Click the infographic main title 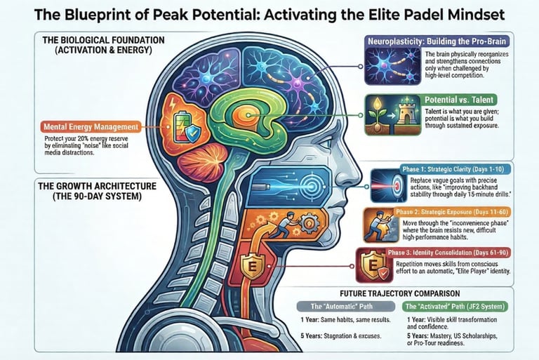tap(269, 14)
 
